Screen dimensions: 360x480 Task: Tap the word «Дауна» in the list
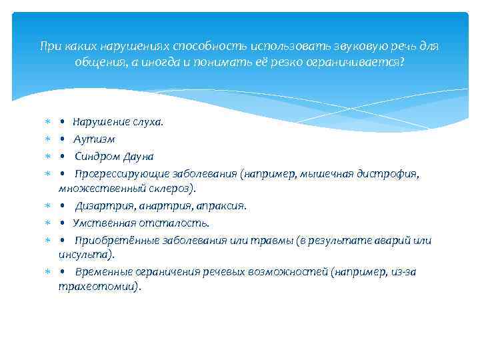click(139, 157)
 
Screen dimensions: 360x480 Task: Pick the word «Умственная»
click(101, 223)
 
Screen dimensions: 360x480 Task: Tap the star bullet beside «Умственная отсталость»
click(47, 223)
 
